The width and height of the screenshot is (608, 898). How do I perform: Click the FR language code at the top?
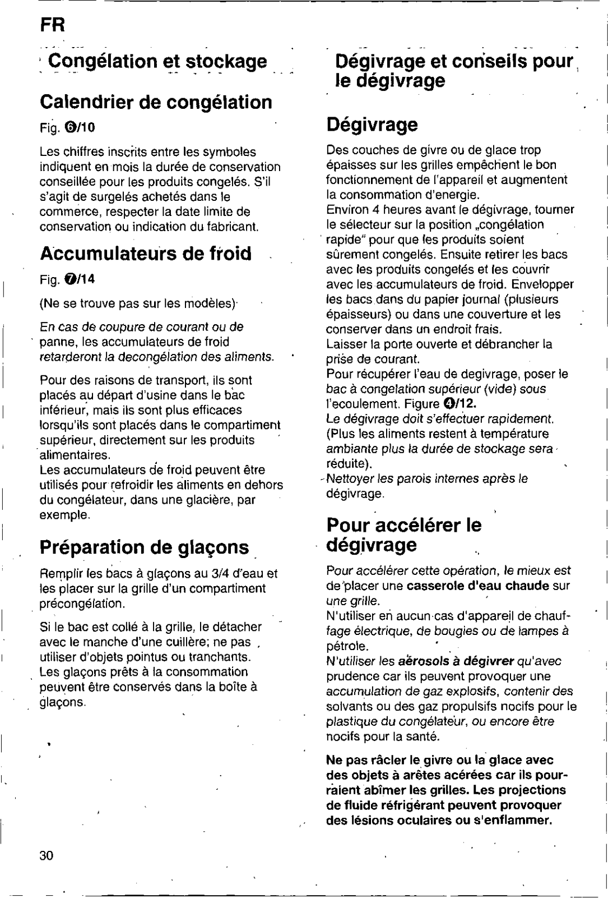tap(53, 25)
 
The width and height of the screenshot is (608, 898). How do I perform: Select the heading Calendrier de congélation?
tap(156, 102)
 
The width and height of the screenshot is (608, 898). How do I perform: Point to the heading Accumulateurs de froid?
tap(146, 254)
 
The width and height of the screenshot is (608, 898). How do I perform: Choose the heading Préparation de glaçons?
tap(145, 547)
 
